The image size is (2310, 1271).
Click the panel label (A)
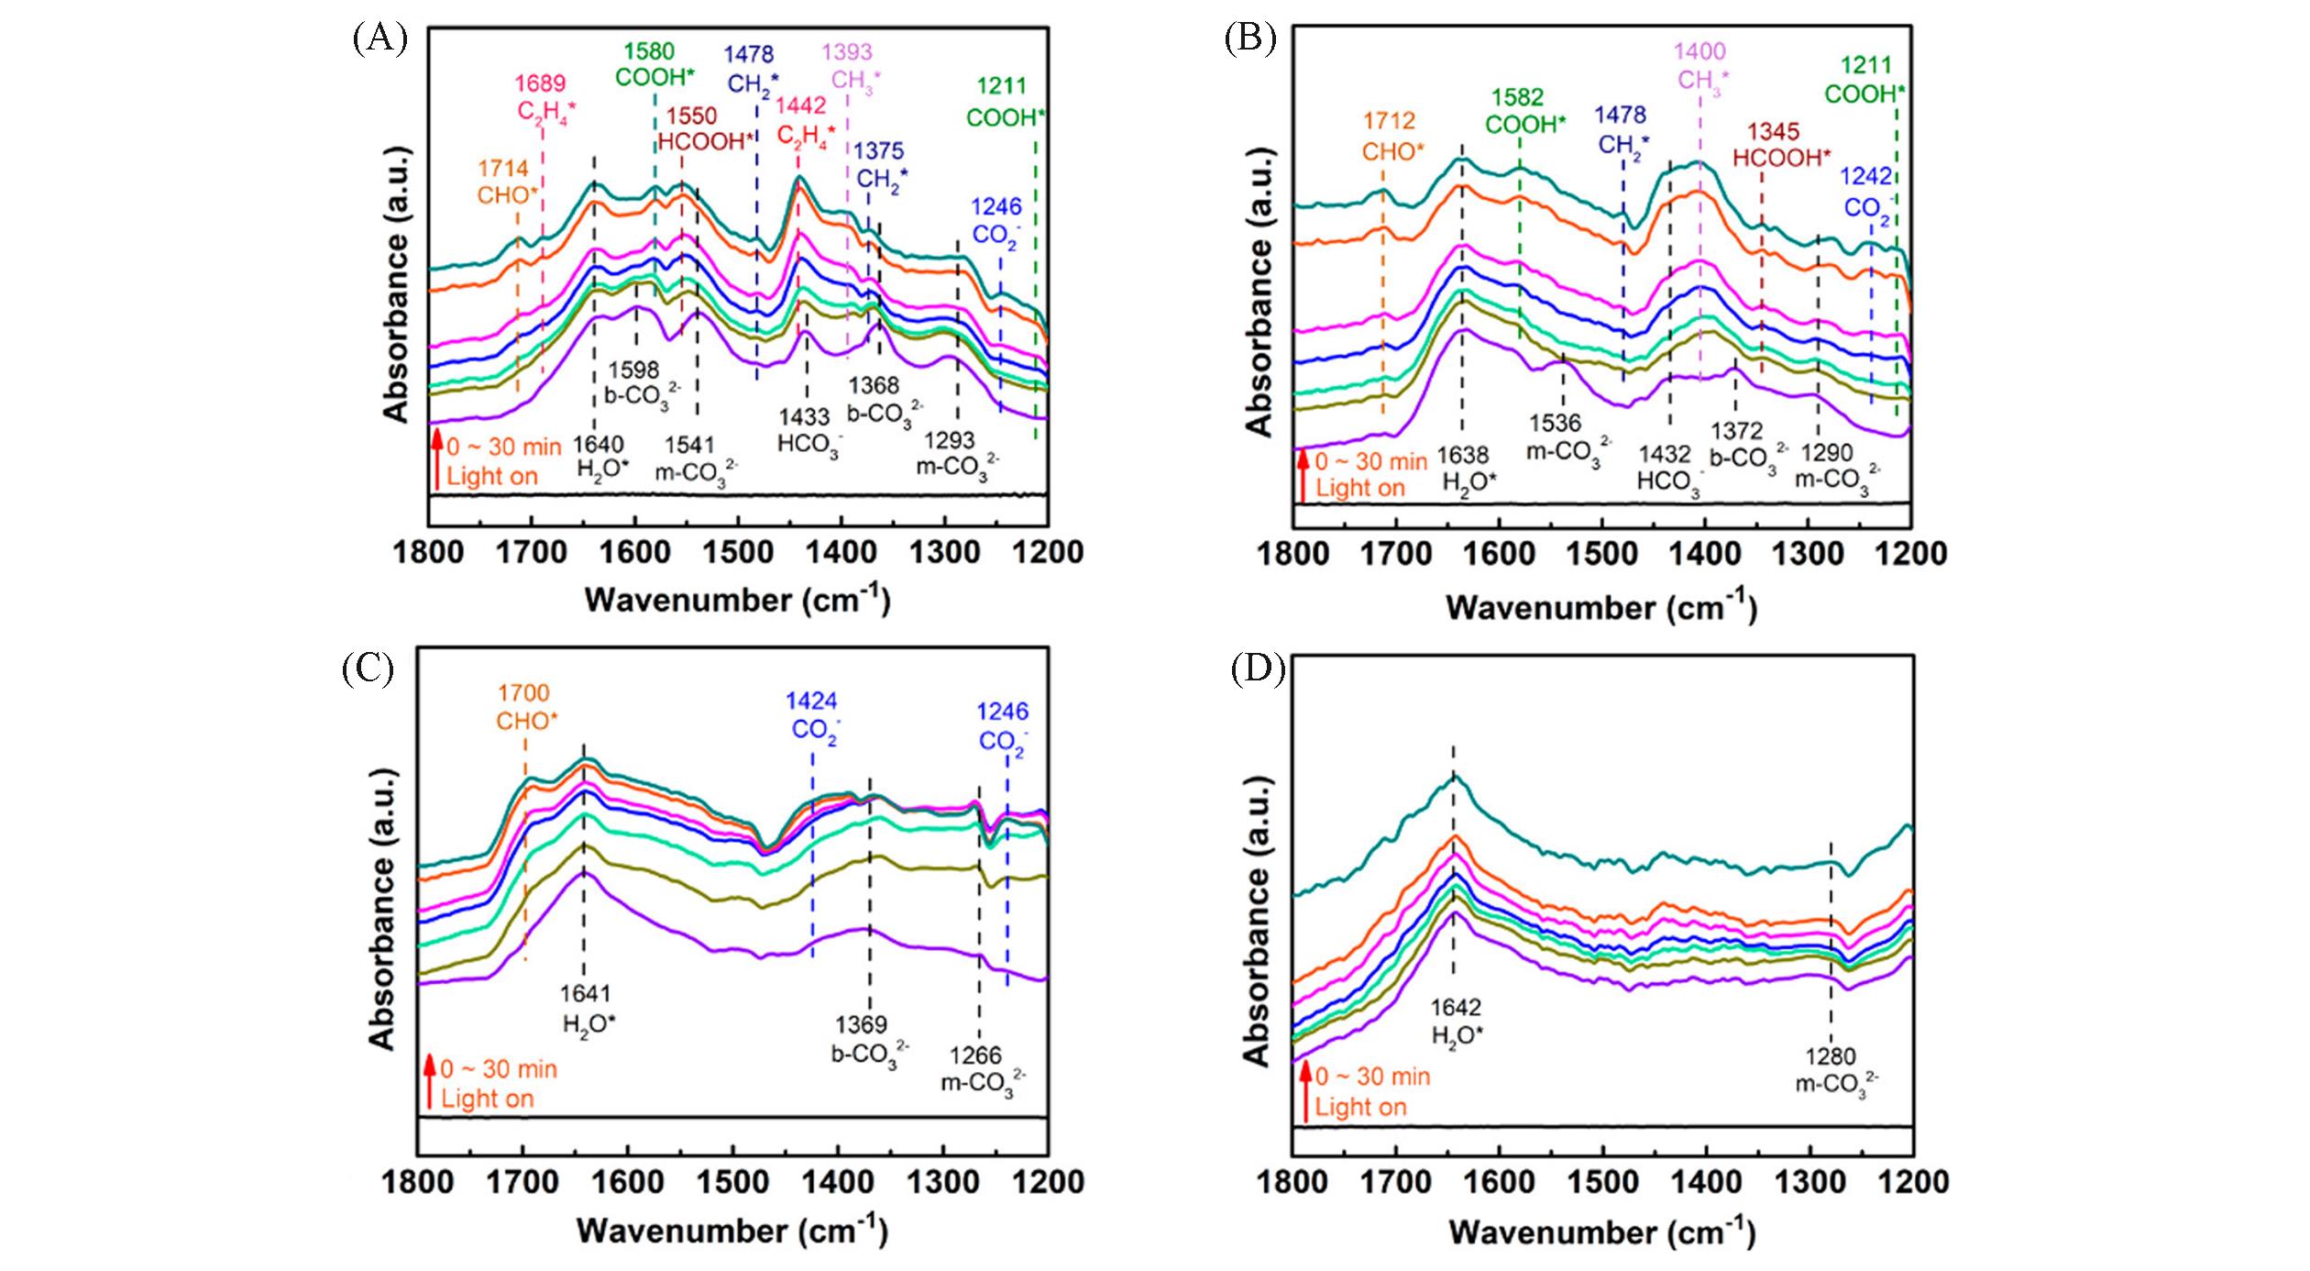click(x=379, y=39)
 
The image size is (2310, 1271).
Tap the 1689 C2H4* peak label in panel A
click(x=541, y=97)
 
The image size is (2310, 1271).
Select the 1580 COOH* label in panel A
click(x=654, y=64)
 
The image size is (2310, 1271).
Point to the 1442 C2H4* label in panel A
click(x=805, y=120)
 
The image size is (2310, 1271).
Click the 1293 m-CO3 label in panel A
click(x=955, y=454)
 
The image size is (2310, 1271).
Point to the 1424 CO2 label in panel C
click(x=814, y=715)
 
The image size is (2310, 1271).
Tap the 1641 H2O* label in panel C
click(x=587, y=1008)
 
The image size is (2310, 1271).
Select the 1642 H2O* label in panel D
click(x=1457, y=1022)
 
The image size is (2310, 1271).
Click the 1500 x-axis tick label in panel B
click(x=1601, y=554)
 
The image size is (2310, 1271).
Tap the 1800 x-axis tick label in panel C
click(x=417, y=1182)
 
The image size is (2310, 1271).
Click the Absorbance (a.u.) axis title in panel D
click(x=1258, y=922)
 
